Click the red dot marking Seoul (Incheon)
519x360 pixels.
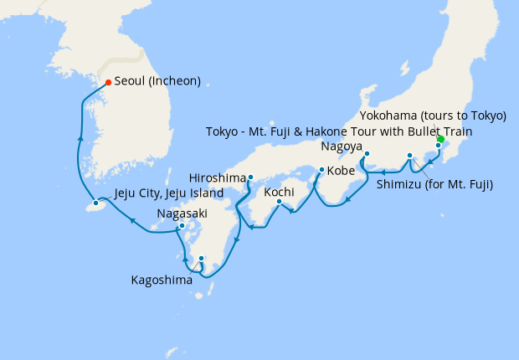tap(108, 82)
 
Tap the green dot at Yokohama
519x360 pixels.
tap(441, 140)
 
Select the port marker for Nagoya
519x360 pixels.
tap(367, 153)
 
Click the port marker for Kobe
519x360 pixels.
tap(321, 171)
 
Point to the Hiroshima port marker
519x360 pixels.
tap(250, 177)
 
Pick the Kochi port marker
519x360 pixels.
tap(279, 201)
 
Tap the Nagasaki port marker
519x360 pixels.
tap(182, 226)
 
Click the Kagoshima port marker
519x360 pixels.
tap(201, 258)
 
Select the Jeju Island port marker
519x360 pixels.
tap(96, 203)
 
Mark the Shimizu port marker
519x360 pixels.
tap(409, 156)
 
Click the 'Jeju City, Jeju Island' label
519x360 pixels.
tap(168, 193)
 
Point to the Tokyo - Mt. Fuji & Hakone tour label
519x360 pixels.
tap(339, 131)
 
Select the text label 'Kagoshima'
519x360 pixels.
tap(162, 280)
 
